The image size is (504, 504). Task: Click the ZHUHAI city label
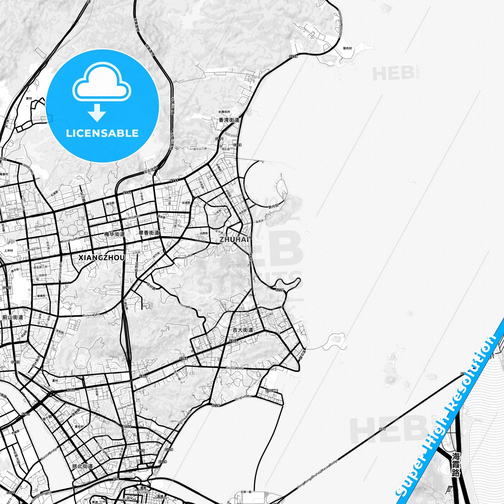234,240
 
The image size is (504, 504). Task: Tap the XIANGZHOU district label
101,258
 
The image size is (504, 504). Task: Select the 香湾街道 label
229,120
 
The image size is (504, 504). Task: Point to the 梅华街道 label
114,234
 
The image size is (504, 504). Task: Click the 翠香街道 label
149,233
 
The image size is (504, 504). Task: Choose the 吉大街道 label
243,330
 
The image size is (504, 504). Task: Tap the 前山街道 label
13,317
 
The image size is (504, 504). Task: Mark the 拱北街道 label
82,466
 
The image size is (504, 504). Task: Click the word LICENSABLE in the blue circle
102,133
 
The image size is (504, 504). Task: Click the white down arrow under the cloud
97,112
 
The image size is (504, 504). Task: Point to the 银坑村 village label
347,48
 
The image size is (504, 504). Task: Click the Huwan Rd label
185,257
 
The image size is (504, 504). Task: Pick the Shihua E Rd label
234,368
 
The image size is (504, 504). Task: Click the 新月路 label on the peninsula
273,206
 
